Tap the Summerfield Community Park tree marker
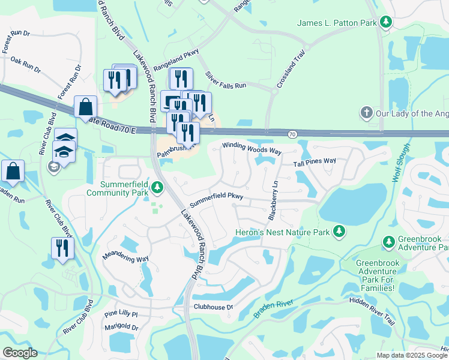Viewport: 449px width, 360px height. tap(157, 188)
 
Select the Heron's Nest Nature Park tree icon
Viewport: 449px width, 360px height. tap(339, 230)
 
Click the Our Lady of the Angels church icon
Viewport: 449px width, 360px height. tap(366, 113)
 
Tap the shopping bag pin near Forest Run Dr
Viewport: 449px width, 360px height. tap(86, 107)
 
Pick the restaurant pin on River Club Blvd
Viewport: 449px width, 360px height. tap(62, 248)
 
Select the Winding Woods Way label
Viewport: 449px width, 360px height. tap(252, 148)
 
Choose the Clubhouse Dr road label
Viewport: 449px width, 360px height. tap(212, 307)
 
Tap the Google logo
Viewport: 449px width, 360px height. tap(20, 353)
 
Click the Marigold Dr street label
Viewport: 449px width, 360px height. tap(121, 328)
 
